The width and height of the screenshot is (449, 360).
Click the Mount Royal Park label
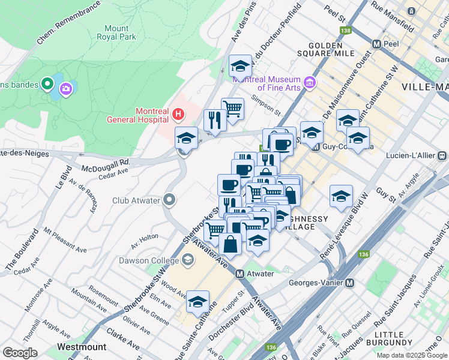[x=116, y=32]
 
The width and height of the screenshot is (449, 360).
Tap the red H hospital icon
[x=178, y=113]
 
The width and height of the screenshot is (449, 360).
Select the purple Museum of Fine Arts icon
[x=310, y=82]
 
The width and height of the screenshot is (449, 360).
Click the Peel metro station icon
[x=377, y=44]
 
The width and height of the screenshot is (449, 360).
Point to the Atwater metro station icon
[x=240, y=274]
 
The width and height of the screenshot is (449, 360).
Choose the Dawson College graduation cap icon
[x=188, y=260]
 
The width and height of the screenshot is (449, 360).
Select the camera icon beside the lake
[x=65, y=89]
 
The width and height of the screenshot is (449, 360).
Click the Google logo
[x=20, y=352]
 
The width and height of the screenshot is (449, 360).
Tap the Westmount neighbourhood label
[x=82, y=347]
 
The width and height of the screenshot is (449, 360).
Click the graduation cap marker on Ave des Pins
[x=241, y=65]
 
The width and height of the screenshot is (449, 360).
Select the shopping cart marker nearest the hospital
[x=232, y=109]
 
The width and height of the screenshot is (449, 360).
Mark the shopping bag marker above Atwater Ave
[x=230, y=244]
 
